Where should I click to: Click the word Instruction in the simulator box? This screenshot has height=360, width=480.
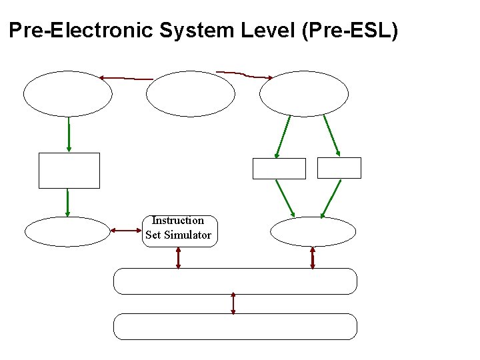(x=178, y=221)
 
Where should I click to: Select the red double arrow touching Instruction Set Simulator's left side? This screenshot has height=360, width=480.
(x=126, y=231)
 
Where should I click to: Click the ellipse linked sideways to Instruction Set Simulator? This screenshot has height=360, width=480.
(x=67, y=232)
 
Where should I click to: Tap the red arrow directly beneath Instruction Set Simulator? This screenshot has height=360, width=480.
(x=178, y=258)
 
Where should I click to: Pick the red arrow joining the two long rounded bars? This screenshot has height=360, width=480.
(x=233, y=303)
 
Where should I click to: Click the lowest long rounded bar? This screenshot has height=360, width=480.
(x=235, y=327)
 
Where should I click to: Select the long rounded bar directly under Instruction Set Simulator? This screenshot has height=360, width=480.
(x=235, y=281)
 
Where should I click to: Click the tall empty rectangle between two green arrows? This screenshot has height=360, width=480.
(x=69, y=171)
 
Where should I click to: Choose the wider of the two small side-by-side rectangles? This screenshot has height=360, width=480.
(x=279, y=169)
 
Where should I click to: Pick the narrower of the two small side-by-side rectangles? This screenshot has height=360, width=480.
(x=339, y=168)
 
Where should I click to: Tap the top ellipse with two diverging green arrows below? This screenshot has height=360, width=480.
(x=304, y=94)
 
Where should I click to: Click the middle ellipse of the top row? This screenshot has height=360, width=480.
(x=191, y=94)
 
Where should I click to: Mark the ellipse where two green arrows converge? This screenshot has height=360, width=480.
(x=313, y=232)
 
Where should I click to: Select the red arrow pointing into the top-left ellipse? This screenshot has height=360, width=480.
(x=125, y=78)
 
